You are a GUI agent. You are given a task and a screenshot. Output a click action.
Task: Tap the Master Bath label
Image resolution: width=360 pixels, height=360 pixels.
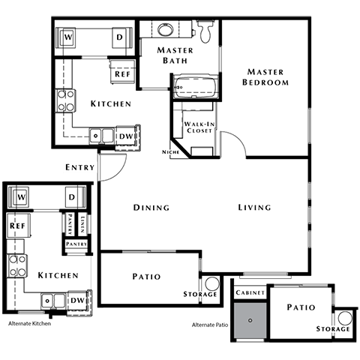pos(175,56)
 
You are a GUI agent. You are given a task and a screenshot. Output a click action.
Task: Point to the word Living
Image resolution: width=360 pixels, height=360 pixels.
pos(255,208)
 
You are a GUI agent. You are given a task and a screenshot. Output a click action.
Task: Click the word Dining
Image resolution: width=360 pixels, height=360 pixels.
pos(151,208)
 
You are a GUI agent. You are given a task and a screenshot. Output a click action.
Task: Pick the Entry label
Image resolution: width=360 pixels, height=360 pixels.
pos(80,167)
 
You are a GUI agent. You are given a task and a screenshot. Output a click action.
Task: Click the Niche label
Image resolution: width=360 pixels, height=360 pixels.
pos(169,153)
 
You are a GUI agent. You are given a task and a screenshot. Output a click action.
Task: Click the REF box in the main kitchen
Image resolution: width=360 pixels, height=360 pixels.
pos(121,73)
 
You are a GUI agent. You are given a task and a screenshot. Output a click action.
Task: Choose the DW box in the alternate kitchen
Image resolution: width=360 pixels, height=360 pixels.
pos(76,300)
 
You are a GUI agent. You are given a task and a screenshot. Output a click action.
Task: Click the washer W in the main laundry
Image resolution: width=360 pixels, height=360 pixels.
pos(68,37)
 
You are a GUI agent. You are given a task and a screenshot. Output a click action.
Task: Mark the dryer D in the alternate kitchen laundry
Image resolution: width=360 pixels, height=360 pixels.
pos(72,197)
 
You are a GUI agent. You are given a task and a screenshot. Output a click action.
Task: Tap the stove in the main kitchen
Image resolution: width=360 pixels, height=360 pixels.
pos(66,100)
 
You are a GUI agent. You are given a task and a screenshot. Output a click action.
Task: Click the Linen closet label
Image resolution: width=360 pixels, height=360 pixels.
pos(82,223)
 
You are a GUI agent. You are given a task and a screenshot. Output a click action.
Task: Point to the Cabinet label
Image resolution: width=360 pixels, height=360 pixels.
pos(249,292)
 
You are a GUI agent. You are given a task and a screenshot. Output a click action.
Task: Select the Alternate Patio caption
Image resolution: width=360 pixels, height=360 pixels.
pos(209,325)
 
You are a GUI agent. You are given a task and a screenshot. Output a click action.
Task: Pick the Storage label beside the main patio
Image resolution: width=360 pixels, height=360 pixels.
pos(200,295)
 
